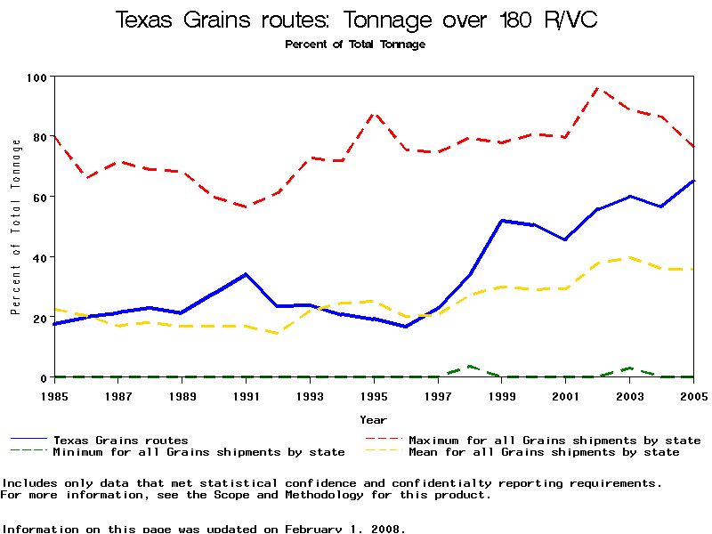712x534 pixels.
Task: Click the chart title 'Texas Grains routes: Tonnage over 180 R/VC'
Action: click(x=356, y=20)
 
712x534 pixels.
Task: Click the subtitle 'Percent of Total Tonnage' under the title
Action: click(x=355, y=44)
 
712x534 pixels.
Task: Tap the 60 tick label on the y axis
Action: click(x=38, y=197)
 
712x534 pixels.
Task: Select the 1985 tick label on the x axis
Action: click(x=55, y=395)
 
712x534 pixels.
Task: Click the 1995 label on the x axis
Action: click(x=375, y=395)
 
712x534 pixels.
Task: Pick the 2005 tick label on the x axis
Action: click(x=693, y=395)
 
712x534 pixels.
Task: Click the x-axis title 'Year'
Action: click(x=373, y=419)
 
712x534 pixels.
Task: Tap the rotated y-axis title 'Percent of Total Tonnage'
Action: click(x=15, y=227)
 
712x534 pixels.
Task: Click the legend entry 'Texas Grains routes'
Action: click(x=120, y=440)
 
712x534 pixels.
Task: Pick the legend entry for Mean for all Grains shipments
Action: click(x=543, y=452)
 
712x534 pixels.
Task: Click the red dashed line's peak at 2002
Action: click(x=598, y=88)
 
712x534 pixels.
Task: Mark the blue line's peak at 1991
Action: click(x=247, y=274)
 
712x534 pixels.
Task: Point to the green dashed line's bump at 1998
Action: click(x=470, y=366)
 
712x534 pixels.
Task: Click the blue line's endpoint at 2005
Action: click(x=693, y=181)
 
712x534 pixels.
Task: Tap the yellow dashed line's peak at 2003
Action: click(x=630, y=257)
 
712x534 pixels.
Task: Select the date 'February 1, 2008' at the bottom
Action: click(x=344, y=529)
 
